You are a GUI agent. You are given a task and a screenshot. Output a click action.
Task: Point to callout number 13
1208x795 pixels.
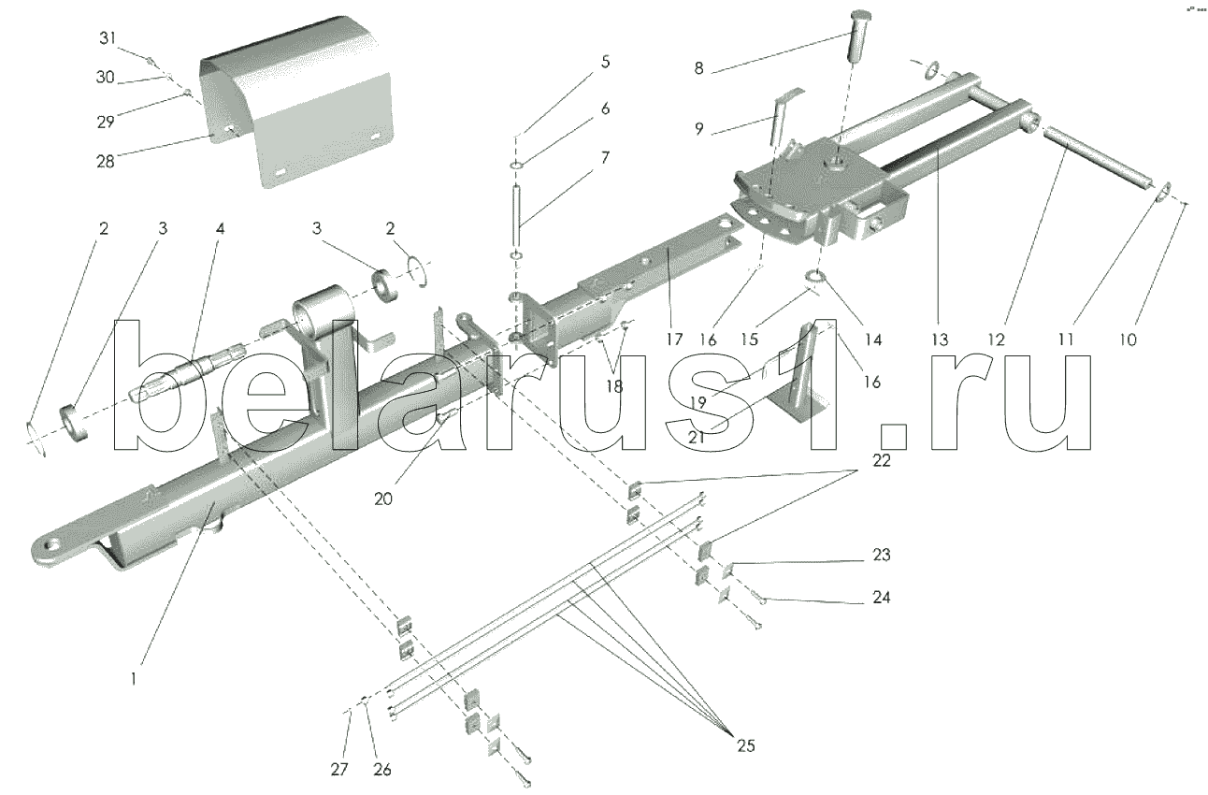pyautogui.click(x=940, y=339)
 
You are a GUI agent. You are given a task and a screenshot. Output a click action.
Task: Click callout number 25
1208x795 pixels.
pyautogui.click(x=745, y=745)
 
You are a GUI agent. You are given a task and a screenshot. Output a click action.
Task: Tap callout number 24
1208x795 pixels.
pyautogui.click(x=880, y=597)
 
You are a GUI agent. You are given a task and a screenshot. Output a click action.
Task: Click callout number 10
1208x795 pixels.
pyautogui.click(x=1127, y=339)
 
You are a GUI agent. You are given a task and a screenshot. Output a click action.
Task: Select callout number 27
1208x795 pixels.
pyautogui.click(x=339, y=769)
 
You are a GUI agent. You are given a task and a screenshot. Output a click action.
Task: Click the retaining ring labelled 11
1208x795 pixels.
pyautogui.click(x=1161, y=194)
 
